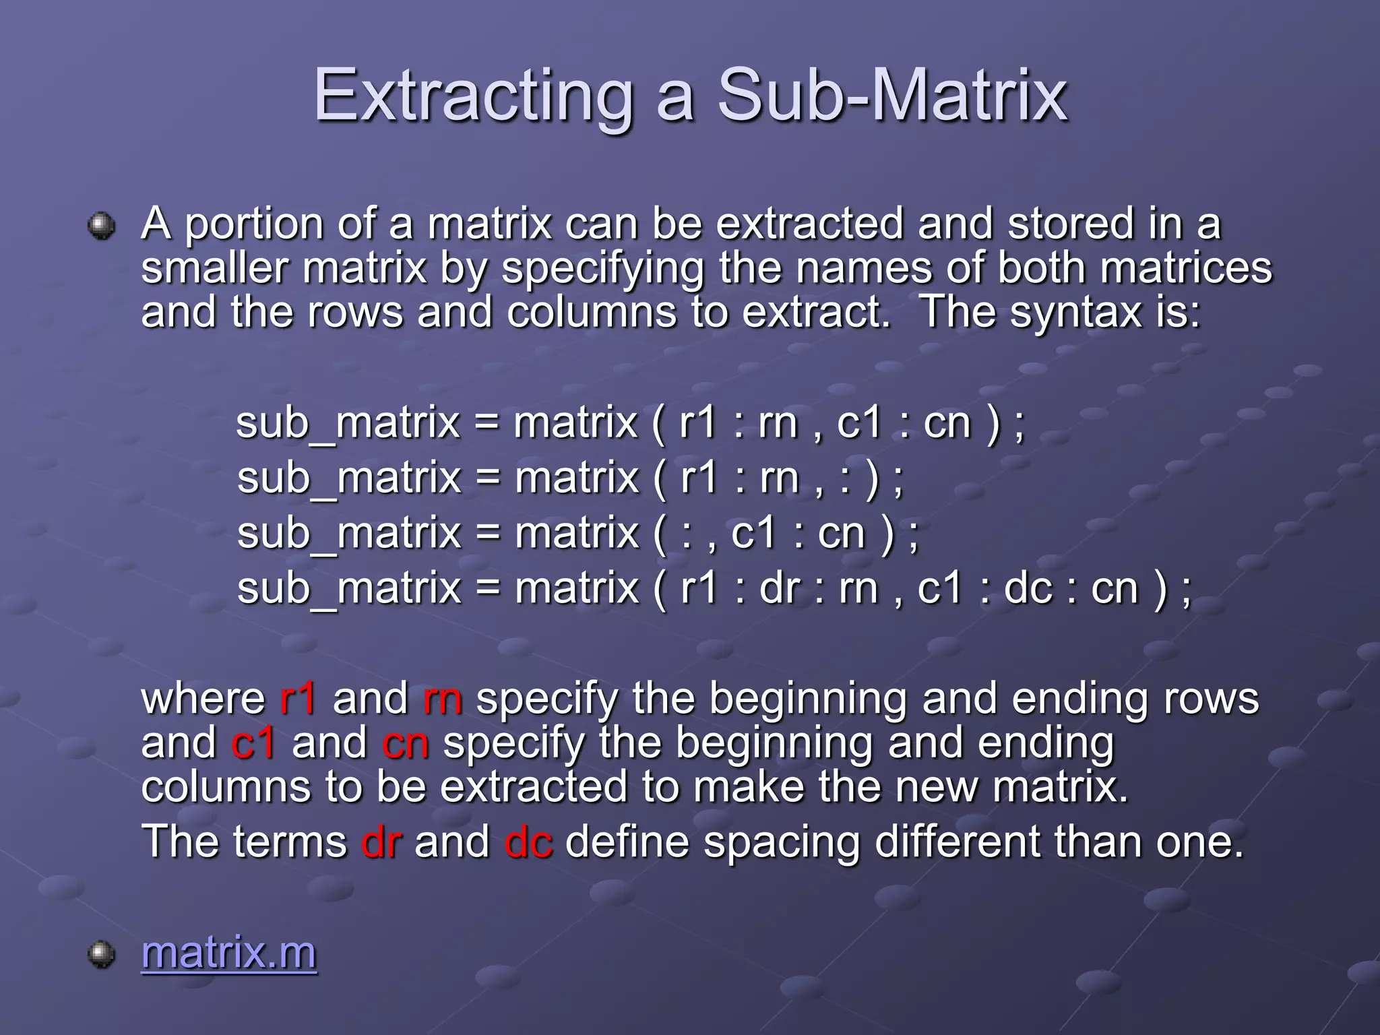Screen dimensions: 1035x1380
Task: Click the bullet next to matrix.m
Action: (102, 953)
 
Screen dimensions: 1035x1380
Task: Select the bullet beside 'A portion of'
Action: (102, 225)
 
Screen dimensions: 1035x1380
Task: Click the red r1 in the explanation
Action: (297, 698)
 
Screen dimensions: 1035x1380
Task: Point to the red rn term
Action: (443, 698)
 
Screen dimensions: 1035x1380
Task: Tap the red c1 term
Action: (253, 743)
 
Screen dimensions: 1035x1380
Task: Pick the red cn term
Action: (405, 743)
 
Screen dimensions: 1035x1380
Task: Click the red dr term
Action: (381, 842)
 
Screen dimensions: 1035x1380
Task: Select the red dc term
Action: (528, 842)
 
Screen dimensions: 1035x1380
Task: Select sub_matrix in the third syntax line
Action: (348, 534)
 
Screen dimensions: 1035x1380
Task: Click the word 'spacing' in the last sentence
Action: (782, 843)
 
